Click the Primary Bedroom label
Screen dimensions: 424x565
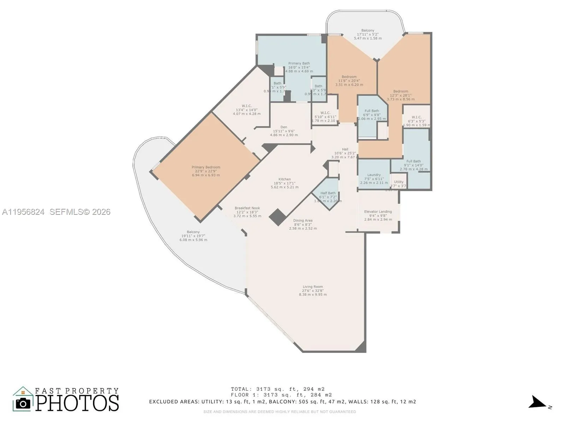click(x=206, y=171)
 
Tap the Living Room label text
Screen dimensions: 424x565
click(x=313, y=290)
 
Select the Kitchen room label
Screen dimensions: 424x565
click(x=285, y=183)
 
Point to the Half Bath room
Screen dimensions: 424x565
click(x=328, y=196)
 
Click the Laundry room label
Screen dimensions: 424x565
click(x=374, y=178)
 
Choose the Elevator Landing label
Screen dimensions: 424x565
click(x=378, y=215)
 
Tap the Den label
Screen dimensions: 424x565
click(x=284, y=131)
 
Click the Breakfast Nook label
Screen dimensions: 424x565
click(x=247, y=212)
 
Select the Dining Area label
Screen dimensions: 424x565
click(x=303, y=224)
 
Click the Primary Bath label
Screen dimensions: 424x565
click(x=299, y=67)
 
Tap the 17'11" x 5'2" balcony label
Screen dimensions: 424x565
click(x=368, y=34)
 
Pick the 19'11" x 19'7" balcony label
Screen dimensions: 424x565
click(x=193, y=236)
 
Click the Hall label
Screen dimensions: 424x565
click(x=345, y=153)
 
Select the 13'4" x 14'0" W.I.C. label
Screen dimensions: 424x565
click(x=246, y=110)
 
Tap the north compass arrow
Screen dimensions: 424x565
click(x=537, y=403)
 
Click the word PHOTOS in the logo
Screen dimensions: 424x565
click(x=77, y=403)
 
